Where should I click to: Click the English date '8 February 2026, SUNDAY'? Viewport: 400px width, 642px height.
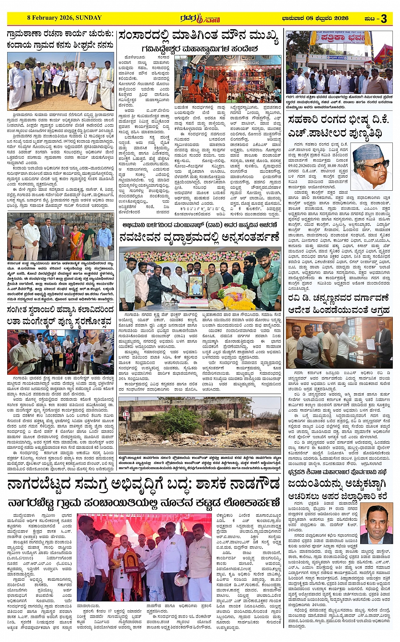click(64, 18)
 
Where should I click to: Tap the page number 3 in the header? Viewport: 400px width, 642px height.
click(383, 18)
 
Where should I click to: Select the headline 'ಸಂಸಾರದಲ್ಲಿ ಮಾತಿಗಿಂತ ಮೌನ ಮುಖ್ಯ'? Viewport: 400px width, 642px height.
click(199, 37)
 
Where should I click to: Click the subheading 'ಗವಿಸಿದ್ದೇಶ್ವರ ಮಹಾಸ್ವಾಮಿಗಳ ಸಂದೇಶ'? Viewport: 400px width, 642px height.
click(199, 49)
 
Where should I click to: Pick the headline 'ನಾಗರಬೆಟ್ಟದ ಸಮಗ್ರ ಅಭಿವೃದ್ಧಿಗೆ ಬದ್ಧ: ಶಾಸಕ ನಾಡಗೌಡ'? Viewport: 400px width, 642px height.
click(144, 483)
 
